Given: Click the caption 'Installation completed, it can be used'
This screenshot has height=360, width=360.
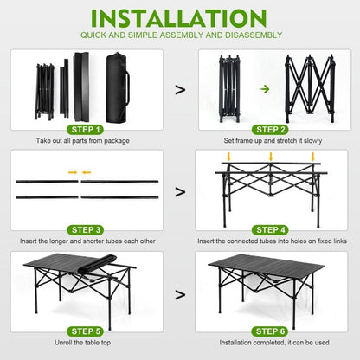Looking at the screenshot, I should [x=274, y=343].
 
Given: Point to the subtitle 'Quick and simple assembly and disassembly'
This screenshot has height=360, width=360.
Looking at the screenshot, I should [x=180, y=35].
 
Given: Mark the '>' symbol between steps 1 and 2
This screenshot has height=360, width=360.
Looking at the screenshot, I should [x=180, y=88].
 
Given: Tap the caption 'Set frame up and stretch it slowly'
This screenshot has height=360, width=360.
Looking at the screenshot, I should [x=274, y=139].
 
